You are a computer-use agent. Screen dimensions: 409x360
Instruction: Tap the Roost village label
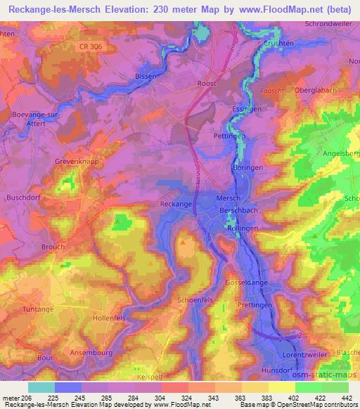(x=207, y=83)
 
